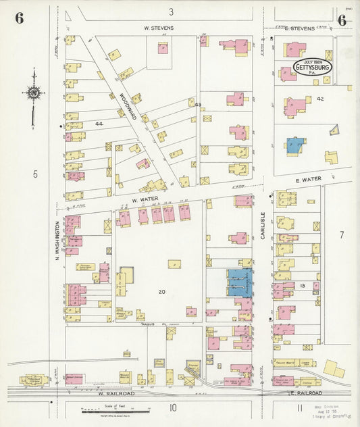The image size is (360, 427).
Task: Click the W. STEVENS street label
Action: pyautogui.click(x=159, y=28)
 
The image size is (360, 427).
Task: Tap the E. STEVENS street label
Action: pyautogui.click(x=299, y=28)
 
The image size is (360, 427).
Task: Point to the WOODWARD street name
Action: pyautogui.click(x=124, y=107)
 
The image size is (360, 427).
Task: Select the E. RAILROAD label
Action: pyautogui.click(x=306, y=393)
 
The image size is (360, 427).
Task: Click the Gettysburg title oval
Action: pyautogui.click(x=313, y=68)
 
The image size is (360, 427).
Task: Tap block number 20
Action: pyautogui.click(x=161, y=292)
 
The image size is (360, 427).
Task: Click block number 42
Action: pyautogui.click(x=320, y=99)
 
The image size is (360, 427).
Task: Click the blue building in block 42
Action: pyautogui.click(x=294, y=145)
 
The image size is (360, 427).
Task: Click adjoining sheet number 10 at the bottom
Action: pyautogui.click(x=174, y=407)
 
